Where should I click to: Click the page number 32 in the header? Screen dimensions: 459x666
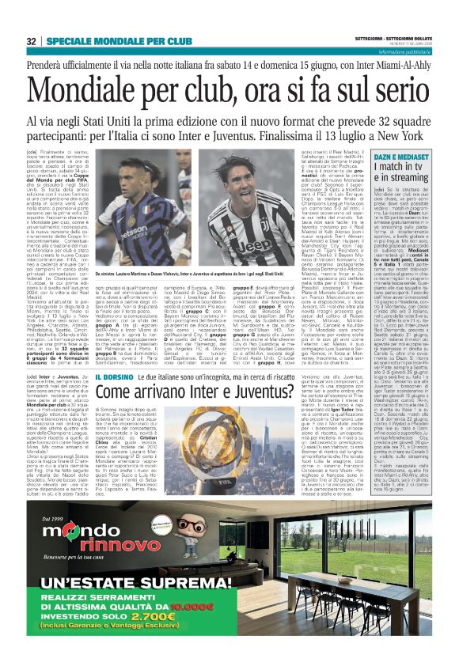32,41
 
